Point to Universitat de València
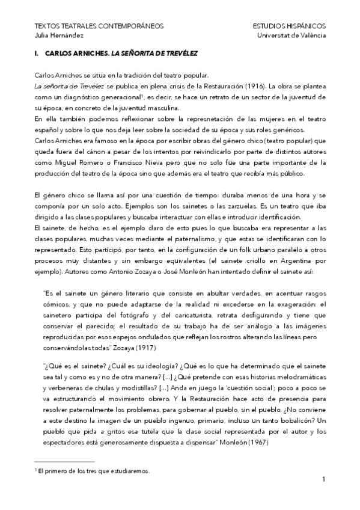[x=291, y=35]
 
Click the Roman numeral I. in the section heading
[x=37, y=54]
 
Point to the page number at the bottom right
[x=323, y=480]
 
